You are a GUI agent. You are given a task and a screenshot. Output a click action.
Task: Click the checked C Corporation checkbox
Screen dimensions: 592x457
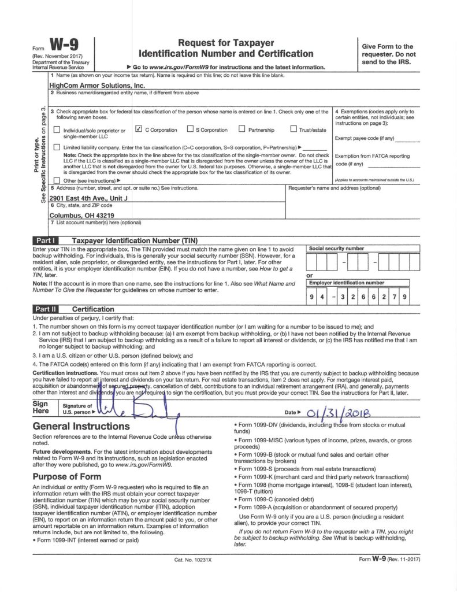[x=138, y=129]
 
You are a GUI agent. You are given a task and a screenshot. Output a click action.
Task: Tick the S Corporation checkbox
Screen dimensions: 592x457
[x=190, y=129]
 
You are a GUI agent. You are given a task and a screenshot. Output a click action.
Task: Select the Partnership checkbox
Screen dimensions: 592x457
[x=243, y=129]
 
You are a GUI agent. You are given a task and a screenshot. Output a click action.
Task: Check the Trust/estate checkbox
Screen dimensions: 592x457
[x=293, y=129]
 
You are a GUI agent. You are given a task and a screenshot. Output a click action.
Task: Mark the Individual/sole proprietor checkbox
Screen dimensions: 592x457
[x=56, y=130]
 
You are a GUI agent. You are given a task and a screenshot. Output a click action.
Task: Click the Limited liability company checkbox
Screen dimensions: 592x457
[x=56, y=147]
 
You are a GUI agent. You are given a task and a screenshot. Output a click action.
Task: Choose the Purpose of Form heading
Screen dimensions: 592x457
[x=67, y=476]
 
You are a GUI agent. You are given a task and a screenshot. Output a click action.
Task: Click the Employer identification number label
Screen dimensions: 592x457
[x=347, y=283]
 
